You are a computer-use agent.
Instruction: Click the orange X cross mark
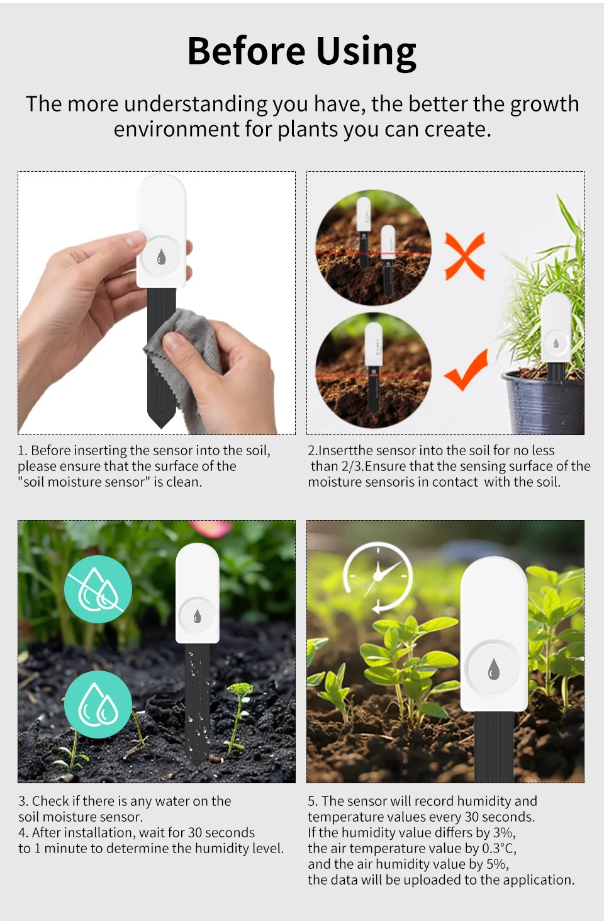click(465, 256)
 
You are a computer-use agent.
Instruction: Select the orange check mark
click(466, 369)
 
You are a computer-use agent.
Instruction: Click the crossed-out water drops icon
click(98, 589)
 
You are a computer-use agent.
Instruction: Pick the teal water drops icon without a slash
click(98, 704)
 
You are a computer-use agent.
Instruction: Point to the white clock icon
click(378, 577)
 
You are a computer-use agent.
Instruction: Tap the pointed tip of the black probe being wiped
click(162, 428)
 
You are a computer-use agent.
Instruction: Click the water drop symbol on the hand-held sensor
click(162, 257)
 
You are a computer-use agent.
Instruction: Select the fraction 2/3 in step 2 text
click(353, 467)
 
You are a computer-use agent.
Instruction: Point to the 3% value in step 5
click(504, 832)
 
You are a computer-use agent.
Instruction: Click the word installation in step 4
click(101, 832)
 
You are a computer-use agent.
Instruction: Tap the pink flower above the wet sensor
click(210, 528)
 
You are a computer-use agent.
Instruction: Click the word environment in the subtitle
click(177, 129)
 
